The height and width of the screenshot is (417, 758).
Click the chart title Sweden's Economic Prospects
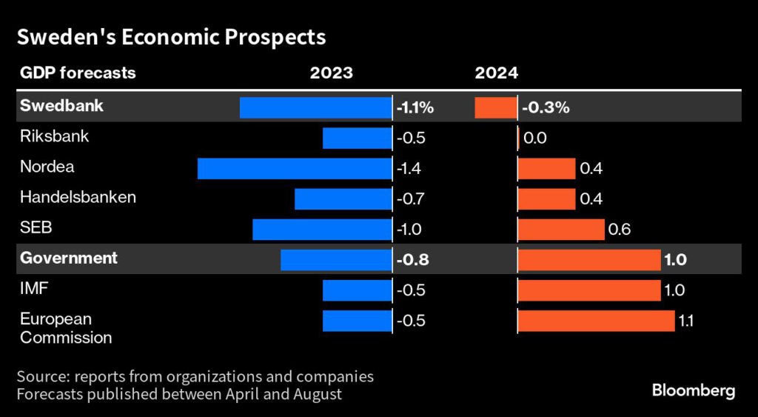(172, 37)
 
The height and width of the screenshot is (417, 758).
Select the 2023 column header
(331, 73)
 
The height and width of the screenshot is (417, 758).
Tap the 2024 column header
(497, 73)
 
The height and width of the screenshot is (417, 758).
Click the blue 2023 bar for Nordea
(294, 168)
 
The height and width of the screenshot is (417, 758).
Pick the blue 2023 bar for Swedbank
(315, 107)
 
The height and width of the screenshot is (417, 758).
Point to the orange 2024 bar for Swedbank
(495, 107)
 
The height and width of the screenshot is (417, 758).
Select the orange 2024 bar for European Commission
(596, 320)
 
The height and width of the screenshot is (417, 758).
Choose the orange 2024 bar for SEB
(561, 229)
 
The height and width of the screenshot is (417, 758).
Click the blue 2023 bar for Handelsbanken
(343, 199)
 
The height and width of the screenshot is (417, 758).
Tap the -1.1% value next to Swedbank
(415, 108)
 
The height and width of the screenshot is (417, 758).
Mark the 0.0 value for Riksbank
(534, 139)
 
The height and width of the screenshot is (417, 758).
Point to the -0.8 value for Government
(413, 260)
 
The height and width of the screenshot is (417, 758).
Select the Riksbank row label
(55, 137)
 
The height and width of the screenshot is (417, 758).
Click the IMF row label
(34, 289)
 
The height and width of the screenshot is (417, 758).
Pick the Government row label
(69, 258)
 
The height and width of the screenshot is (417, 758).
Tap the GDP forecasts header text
(78, 73)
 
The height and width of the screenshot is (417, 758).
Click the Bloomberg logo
(693, 390)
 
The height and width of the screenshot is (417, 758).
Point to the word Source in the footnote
(43, 376)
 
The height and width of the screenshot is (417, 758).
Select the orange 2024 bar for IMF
(588, 290)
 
